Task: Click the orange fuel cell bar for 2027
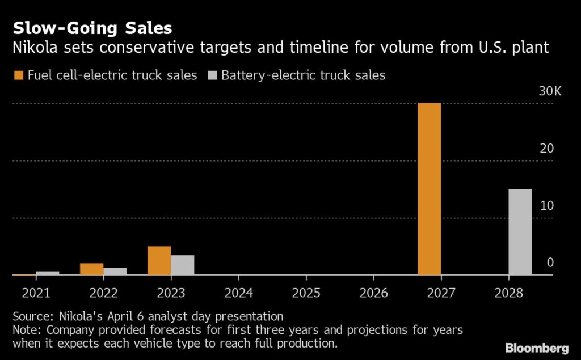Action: click(429, 189)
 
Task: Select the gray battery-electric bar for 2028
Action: click(520, 232)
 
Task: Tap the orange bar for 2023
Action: click(159, 261)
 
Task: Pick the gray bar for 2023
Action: click(183, 265)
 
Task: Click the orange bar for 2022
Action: click(91, 269)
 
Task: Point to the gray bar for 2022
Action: click(115, 272)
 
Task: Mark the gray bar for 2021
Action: click(47, 273)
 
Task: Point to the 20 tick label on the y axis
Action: click(547, 149)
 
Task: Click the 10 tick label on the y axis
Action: click(547, 205)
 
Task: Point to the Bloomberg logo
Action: click(537, 348)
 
